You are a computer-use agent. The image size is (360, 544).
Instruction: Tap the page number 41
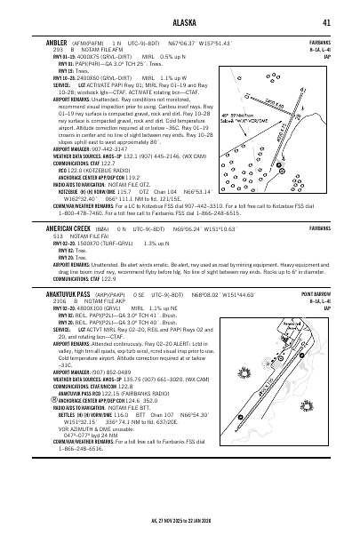[328, 22]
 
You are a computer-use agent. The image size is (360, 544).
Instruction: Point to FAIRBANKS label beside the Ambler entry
[321, 42]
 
